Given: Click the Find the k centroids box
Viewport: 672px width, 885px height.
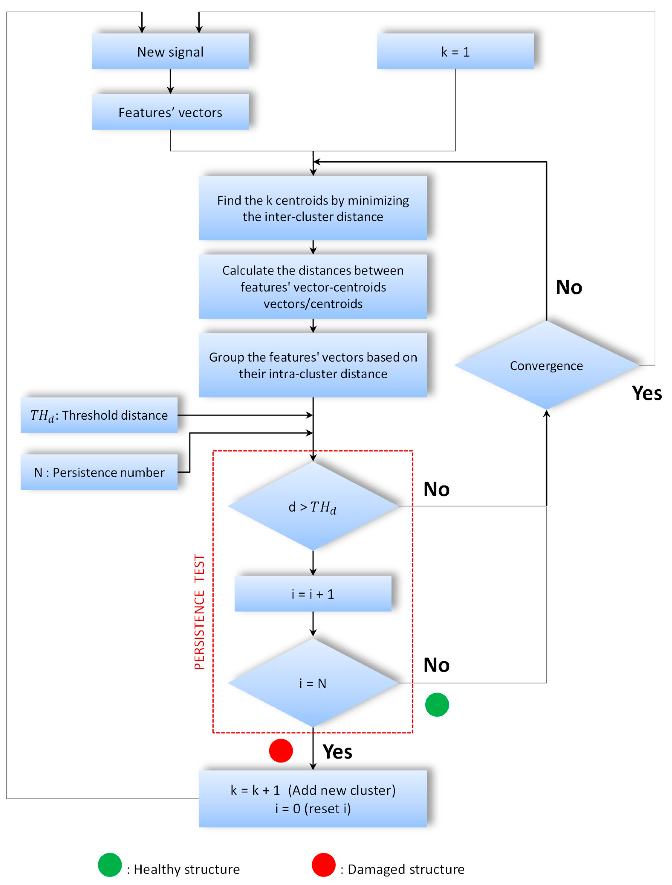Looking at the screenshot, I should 313,208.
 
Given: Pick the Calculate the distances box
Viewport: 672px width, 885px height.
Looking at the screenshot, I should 313,287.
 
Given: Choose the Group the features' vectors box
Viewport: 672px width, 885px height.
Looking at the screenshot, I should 313,365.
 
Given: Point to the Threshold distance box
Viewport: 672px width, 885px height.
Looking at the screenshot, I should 99,415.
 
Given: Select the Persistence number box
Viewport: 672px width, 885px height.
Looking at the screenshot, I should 99,472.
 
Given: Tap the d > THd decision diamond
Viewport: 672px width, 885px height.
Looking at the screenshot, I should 313,506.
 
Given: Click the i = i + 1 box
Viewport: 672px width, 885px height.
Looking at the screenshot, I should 313,594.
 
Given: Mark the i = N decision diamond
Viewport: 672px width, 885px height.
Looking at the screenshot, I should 313,683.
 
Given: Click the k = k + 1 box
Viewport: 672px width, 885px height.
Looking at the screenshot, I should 313,799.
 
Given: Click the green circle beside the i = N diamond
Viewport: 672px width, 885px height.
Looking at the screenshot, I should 437,705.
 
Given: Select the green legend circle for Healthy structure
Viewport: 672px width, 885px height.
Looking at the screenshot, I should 110,865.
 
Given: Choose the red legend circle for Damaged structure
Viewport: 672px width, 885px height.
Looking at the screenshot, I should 324,865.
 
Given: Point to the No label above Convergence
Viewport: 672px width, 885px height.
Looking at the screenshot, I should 569,287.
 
